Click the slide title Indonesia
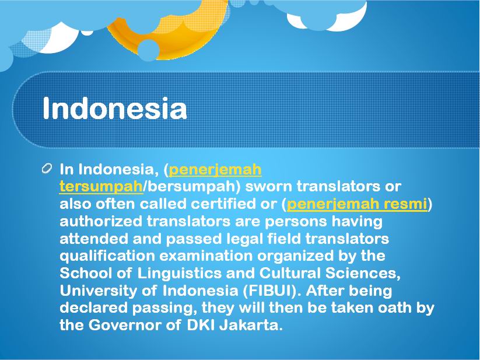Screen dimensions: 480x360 (x=114, y=108)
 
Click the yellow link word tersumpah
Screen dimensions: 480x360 (x=101, y=187)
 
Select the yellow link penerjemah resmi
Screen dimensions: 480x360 (x=356, y=204)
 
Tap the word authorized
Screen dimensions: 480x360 (x=101, y=221)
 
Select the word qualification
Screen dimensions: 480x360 (x=107, y=256)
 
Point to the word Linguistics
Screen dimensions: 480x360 (x=179, y=273)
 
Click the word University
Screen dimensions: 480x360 (x=98, y=291)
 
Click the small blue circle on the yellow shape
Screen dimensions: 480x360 (x=149, y=50)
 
